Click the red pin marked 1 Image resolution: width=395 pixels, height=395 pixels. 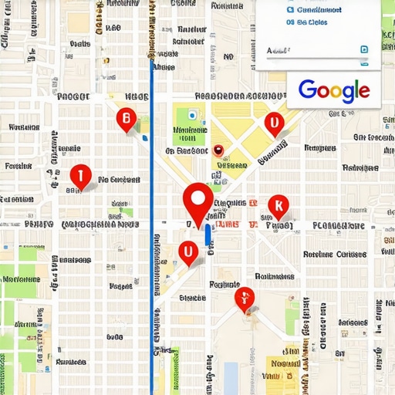(79, 177)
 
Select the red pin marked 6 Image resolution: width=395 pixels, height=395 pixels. (126, 120)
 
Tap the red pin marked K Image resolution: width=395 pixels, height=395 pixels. (278, 206)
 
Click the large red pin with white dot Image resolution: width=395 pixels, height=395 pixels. (197, 201)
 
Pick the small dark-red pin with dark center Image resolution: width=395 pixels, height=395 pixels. (218, 151)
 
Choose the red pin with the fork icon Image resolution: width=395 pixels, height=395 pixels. (245, 298)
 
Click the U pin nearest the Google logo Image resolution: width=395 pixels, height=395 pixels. (273, 123)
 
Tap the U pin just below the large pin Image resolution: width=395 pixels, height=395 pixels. (187, 252)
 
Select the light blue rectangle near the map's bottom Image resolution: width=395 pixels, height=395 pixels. (231, 376)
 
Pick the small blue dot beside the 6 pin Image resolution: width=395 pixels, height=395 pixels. (144, 138)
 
